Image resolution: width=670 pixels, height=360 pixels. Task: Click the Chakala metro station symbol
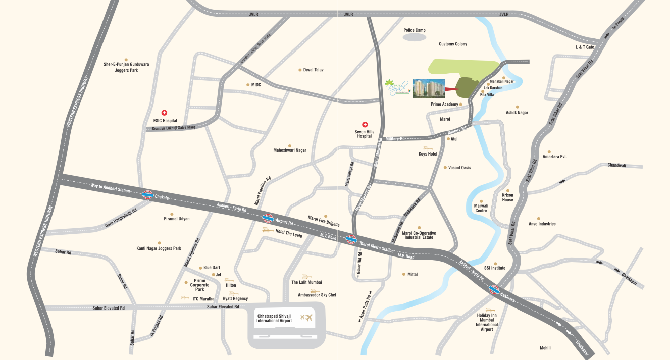pos(148,194)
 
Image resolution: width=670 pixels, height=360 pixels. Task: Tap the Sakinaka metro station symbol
pos(494,290)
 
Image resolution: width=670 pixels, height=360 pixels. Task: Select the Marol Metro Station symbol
pos(352,240)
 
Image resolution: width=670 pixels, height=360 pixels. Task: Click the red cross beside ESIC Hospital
pos(164,113)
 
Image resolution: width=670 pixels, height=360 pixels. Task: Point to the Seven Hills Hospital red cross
pos(365,124)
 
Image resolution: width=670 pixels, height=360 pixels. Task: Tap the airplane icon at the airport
pos(306,318)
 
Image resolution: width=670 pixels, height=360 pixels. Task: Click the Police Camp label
pos(415,30)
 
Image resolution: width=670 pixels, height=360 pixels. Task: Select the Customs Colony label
pos(453,44)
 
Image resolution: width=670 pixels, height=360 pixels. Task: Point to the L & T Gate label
pos(585,47)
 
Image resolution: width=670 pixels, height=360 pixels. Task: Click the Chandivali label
pos(616,165)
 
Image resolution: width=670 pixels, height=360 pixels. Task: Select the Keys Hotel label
pos(428,154)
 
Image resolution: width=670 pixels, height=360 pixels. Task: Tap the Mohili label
pos(545,348)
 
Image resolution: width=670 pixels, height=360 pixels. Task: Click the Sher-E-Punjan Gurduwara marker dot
pos(126,59)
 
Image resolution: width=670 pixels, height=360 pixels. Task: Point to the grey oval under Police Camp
pos(415,37)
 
